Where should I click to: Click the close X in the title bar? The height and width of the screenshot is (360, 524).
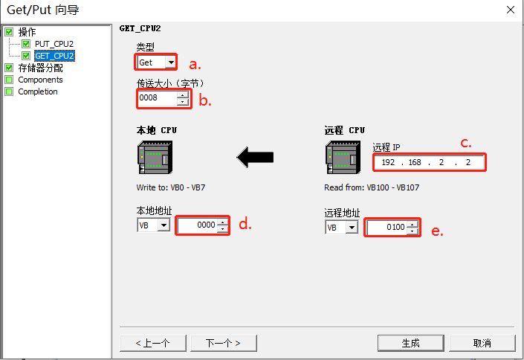510,10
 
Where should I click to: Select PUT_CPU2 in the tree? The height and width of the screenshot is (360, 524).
54,44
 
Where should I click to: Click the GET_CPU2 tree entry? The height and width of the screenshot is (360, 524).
54,56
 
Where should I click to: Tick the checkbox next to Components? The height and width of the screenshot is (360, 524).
9,80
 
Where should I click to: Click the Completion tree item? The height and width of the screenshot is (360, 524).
37,91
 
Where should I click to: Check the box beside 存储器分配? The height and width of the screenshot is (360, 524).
9,68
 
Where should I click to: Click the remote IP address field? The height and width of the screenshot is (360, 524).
430,162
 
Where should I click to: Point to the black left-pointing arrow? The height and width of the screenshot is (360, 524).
255,157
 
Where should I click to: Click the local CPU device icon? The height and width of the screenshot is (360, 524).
155,157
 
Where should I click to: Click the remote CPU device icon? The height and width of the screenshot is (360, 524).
343,157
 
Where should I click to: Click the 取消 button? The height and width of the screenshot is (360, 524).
482,343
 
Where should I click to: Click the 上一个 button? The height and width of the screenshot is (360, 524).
152,343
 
